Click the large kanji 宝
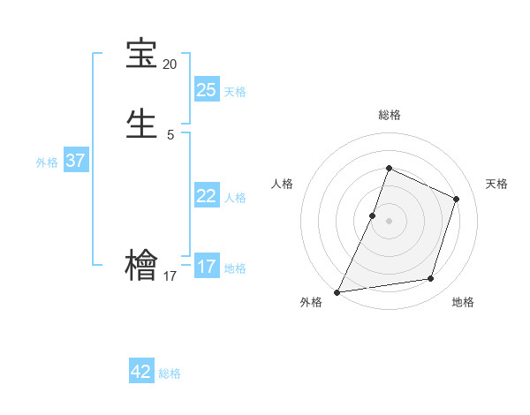[x=141, y=54]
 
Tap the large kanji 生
[x=141, y=123]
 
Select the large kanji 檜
[x=141, y=264]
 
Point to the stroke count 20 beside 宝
[x=170, y=64]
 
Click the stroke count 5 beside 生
[x=170, y=134]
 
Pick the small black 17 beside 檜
[x=170, y=276]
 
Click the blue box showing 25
[x=206, y=89]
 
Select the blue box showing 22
[x=206, y=196]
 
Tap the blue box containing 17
[x=206, y=267]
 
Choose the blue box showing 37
[x=75, y=161]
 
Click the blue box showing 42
[x=141, y=372]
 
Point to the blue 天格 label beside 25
[x=235, y=91]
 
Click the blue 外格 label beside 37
[x=47, y=162]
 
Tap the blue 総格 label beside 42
[x=170, y=373]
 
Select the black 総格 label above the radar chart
[x=389, y=115]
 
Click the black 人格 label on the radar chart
[x=283, y=184]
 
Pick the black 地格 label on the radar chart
[x=463, y=302]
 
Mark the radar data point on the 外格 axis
[x=337, y=291]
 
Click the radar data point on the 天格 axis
[x=457, y=199]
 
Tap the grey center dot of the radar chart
[x=389, y=221]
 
